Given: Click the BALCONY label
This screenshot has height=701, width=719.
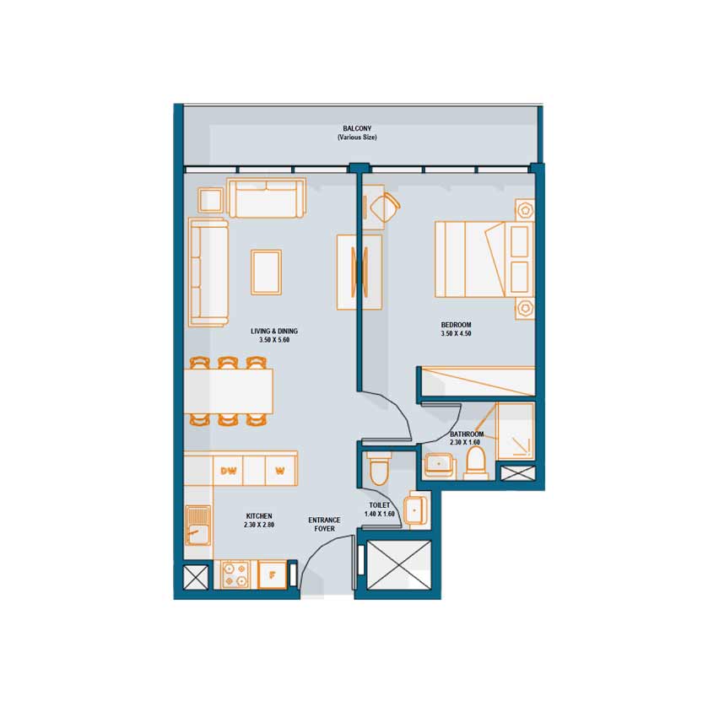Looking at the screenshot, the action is pyautogui.click(x=357, y=129).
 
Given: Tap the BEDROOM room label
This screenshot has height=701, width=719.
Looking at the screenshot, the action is pyautogui.click(x=456, y=325).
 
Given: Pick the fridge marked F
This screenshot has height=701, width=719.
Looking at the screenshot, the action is pyautogui.click(x=272, y=574).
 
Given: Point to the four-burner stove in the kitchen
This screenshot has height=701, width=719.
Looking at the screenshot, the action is pyautogui.click(x=235, y=574).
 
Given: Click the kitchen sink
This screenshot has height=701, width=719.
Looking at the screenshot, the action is pyautogui.click(x=198, y=526).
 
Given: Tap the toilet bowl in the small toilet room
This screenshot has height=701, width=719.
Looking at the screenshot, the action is pyautogui.click(x=379, y=468).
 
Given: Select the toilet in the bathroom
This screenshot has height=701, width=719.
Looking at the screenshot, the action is pyautogui.click(x=475, y=463).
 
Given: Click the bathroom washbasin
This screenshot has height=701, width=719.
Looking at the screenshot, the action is pyautogui.click(x=440, y=465).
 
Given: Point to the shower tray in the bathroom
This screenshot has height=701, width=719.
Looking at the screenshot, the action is pyautogui.click(x=516, y=430).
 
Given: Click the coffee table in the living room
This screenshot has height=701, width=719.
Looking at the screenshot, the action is pyautogui.click(x=266, y=272).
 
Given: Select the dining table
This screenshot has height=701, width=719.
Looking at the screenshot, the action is pyautogui.click(x=229, y=391).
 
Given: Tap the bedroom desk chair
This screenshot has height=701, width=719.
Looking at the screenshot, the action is pyautogui.click(x=384, y=207).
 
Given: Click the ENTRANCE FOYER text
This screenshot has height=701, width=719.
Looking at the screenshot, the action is pyautogui.click(x=324, y=525).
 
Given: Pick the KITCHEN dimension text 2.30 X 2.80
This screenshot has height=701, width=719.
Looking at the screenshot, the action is pyautogui.click(x=259, y=525).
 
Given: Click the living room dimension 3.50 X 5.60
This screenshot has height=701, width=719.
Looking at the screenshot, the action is pyautogui.click(x=274, y=340).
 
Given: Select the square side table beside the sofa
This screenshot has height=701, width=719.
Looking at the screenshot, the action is pyautogui.click(x=210, y=200).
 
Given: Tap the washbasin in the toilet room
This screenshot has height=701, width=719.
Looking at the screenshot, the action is pyautogui.click(x=416, y=510).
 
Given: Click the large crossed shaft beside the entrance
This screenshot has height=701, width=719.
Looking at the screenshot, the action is pyautogui.click(x=399, y=565).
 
